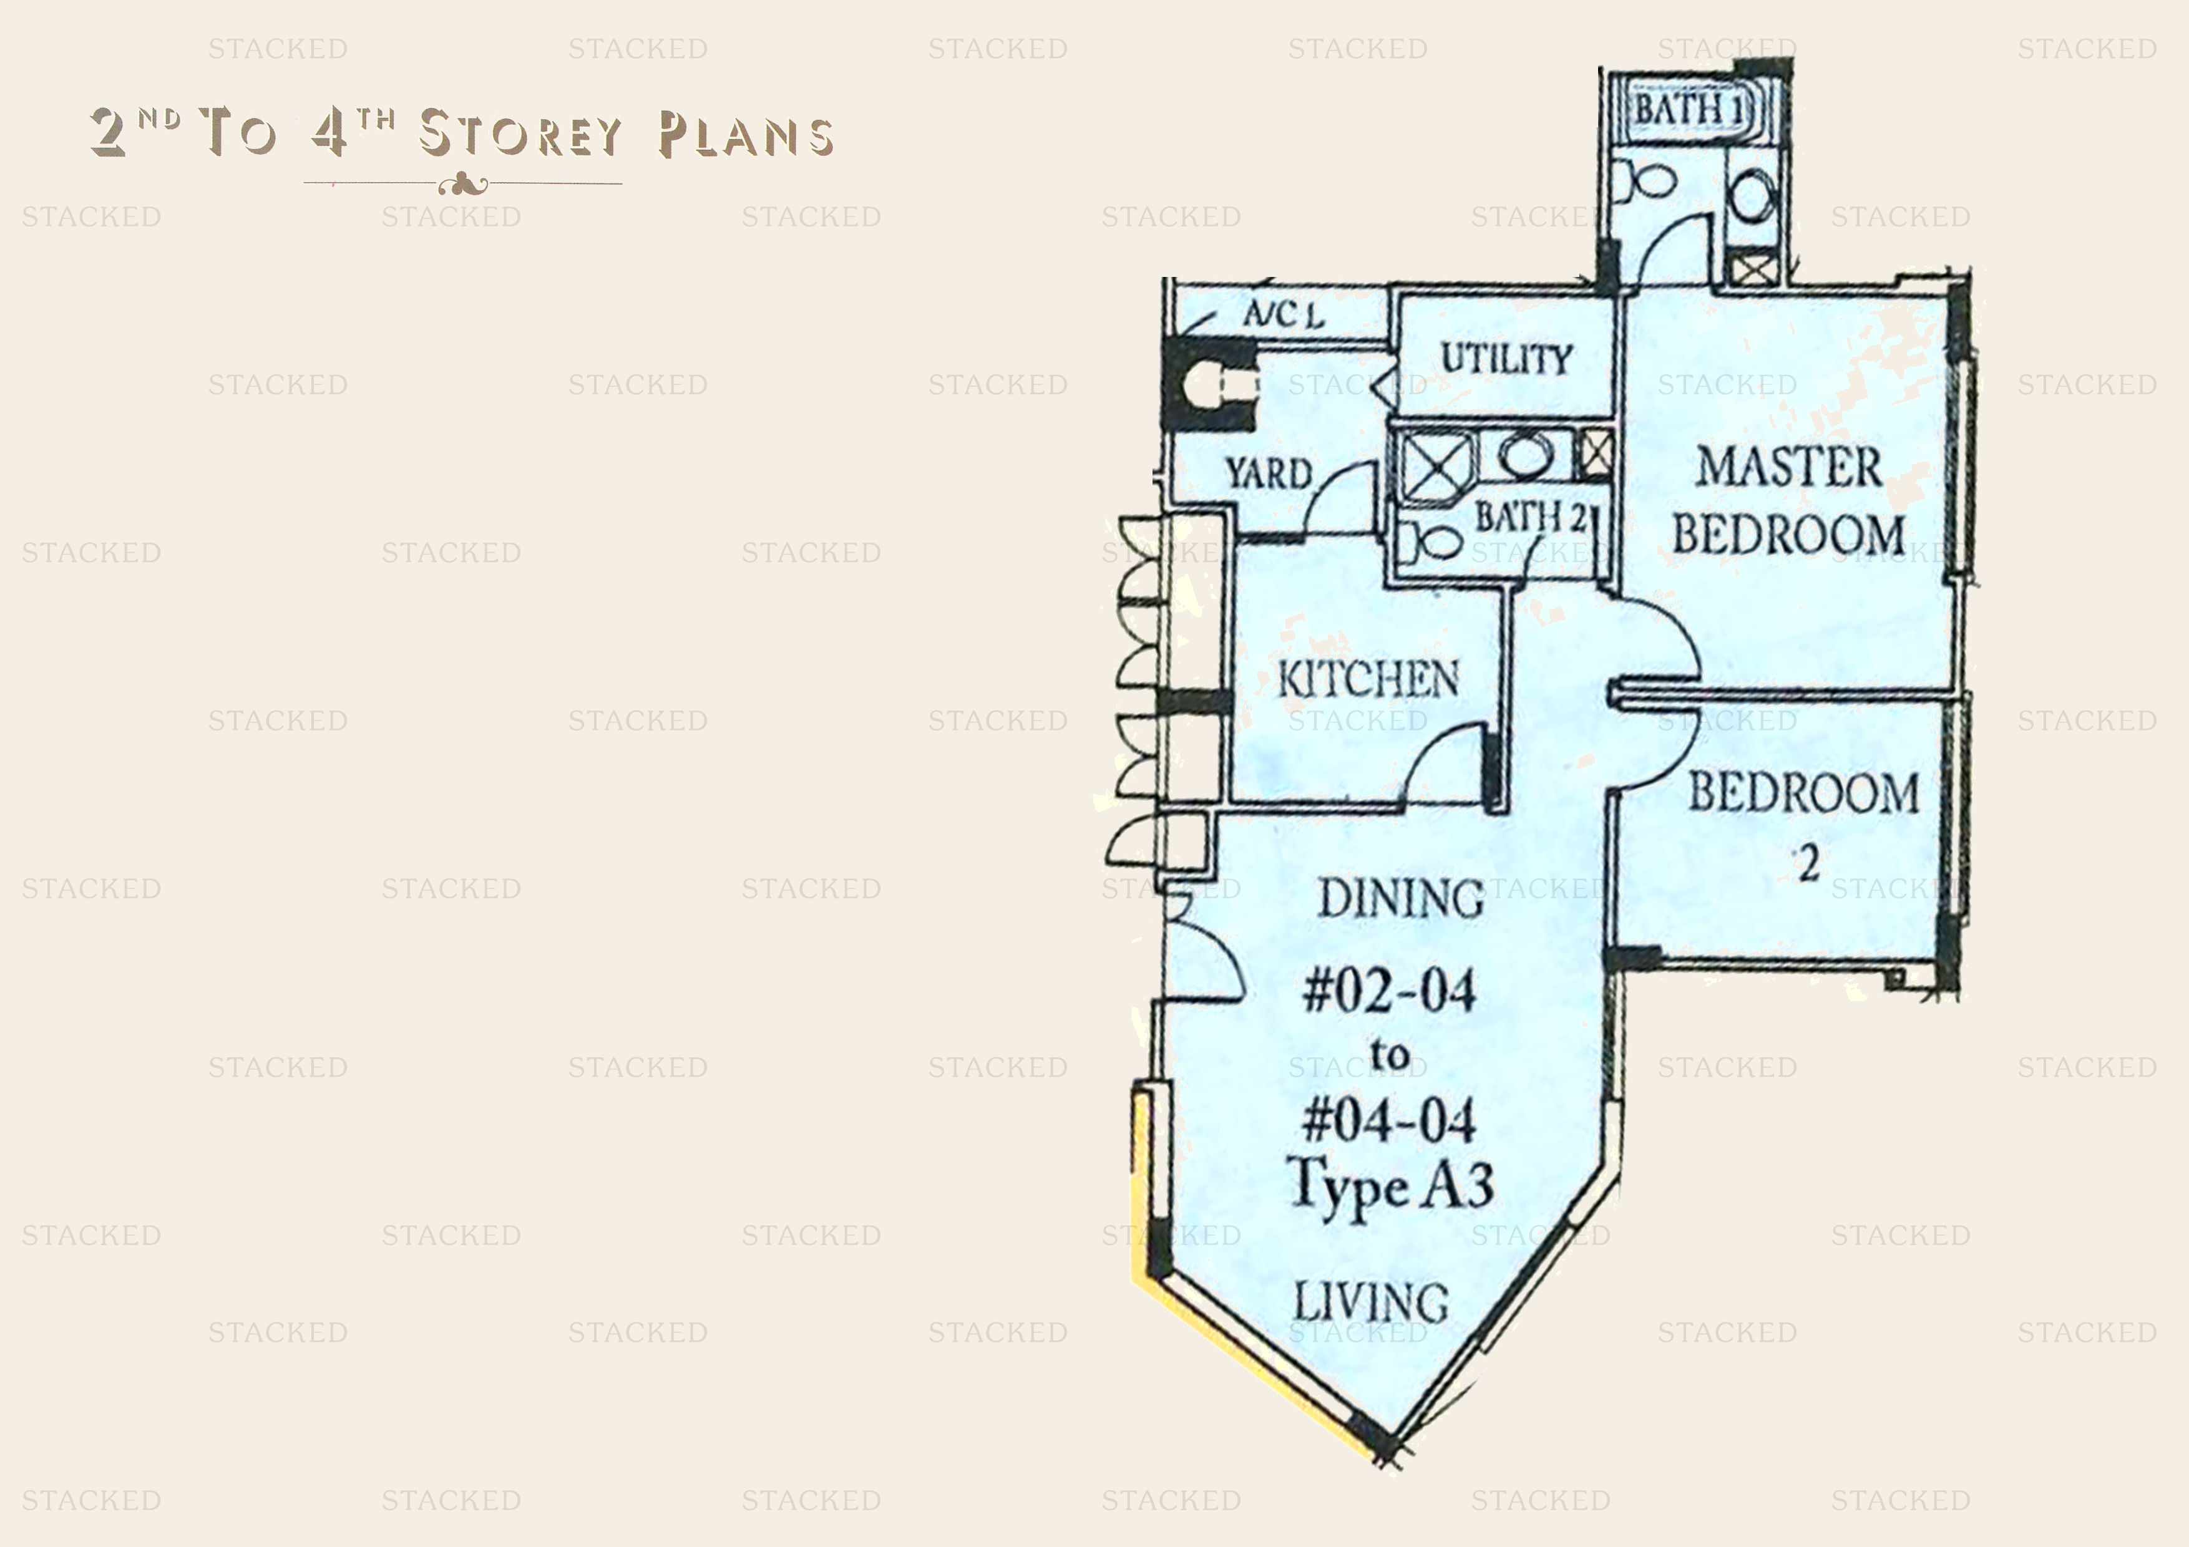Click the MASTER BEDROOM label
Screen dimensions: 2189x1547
(x=1788, y=500)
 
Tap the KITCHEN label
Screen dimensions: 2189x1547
(x=1368, y=679)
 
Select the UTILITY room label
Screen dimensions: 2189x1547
(x=1506, y=359)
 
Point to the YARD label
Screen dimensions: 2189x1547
(x=1268, y=473)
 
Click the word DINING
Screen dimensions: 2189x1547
(x=1400, y=898)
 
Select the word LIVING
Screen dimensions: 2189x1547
(x=1371, y=1302)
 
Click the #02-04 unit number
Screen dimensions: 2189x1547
(x=1389, y=991)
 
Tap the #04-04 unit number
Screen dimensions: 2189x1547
(x=1389, y=1120)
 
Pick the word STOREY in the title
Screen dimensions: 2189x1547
(x=520, y=133)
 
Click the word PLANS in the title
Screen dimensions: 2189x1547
(x=746, y=134)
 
